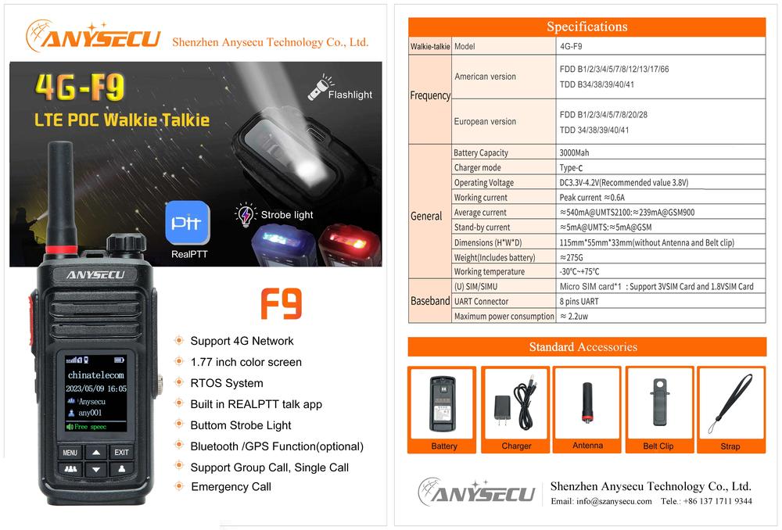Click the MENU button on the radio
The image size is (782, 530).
[70, 453]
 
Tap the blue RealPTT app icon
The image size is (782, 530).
[188, 223]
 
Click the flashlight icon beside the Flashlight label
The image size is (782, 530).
[318, 88]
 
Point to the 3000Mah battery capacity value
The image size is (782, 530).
[574, 152]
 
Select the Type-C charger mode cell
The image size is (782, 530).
[571, 167]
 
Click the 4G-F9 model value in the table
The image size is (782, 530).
[571, 46]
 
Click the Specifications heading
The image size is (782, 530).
[587, 27]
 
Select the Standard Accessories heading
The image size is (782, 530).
[583, 346]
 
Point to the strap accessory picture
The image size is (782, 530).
[730, 403]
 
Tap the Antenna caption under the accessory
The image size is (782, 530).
[587, 446]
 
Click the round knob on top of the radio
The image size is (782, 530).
[126, 243]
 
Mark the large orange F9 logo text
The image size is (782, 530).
[282, 303]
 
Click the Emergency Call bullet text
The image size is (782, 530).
[231, 487]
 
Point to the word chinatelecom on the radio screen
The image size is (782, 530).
[95, 375]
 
